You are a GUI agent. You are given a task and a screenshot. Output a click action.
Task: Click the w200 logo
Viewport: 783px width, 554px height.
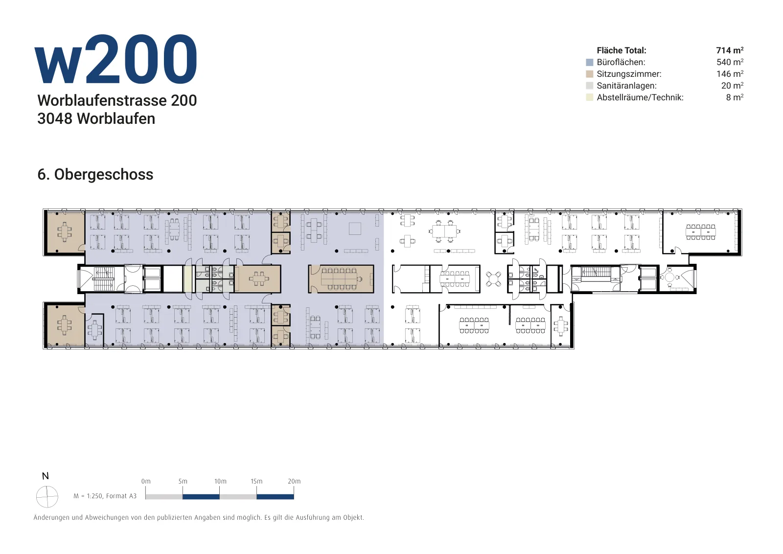[x=116, y=59]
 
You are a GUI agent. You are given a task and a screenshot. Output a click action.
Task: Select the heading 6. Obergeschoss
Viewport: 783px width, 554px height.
[x=95, y=174]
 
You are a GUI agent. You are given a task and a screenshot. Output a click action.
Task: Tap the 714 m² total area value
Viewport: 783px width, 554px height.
[x=730, y=50]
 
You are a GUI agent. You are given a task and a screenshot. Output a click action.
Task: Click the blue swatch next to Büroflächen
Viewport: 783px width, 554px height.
[x=589, y=63]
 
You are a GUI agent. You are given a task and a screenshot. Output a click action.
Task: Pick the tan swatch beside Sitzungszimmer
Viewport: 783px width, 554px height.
[x=589, y=74]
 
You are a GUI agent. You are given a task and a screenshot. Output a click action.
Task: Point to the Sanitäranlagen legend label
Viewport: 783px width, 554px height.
[x=626, y=86]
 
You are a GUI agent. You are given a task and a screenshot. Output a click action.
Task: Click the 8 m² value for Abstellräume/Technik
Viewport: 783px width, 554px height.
[x=735, y=97]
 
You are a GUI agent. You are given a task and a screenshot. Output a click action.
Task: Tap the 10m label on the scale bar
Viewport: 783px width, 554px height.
[x=220, y=481]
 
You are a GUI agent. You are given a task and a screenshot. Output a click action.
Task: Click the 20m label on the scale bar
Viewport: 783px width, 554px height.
[x=294, y=481]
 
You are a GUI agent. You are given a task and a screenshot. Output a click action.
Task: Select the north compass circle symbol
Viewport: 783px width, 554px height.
[x=47, y=496]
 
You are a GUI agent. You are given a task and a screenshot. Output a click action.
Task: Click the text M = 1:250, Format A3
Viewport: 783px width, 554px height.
[x=105, y=496]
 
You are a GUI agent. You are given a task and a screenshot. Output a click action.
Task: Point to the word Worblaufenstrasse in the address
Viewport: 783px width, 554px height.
[x=102, y=100]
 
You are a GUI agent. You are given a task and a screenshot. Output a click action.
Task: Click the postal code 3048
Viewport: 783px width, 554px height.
[x=55, y=119]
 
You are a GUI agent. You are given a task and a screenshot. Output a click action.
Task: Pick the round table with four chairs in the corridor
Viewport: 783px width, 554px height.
[x=493, y=279]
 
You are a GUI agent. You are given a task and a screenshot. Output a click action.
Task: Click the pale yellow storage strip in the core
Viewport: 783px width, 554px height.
[x=188, y=279]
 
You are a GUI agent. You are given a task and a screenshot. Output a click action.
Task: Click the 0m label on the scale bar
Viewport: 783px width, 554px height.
[x=146, y=481]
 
